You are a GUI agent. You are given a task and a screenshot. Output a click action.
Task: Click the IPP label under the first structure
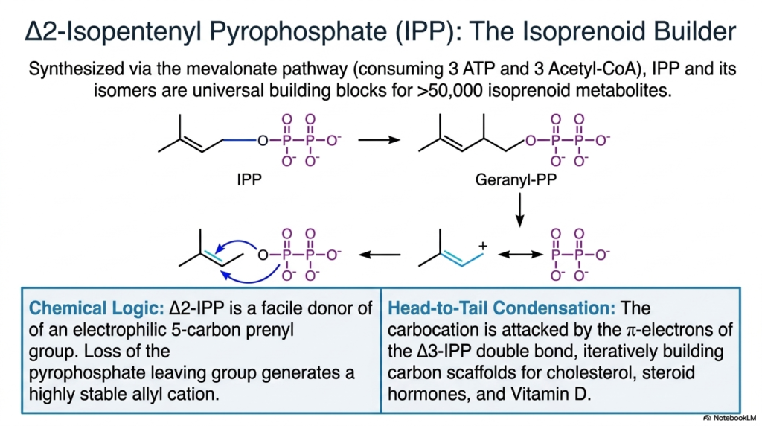click(x=249, y=180)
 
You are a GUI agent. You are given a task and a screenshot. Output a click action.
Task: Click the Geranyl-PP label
click(x=516, y=180)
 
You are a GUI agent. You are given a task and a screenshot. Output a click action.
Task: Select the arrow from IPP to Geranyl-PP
click(x=379, y=140)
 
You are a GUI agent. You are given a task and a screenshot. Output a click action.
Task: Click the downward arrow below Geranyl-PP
click(x=519, y=209)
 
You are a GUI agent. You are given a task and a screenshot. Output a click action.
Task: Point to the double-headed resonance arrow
click(x=520, y=255)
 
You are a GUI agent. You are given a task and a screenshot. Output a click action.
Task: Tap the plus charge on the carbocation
click(x=482, y=246)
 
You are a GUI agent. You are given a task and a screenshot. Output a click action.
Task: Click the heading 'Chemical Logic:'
click(x=96, y=308)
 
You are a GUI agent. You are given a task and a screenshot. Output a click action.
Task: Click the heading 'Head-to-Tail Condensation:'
click(x=502, y=308)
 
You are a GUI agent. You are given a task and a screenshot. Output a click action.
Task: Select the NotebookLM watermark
click(x=730, y=418)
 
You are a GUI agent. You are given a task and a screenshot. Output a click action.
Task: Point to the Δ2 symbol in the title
click(x=36, y=31)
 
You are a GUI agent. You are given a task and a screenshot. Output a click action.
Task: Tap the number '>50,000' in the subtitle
click(x=449, y=90)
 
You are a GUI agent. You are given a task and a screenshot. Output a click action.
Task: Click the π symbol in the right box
click(x=631, y=331)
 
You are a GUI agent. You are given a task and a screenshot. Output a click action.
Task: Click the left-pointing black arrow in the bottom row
click(x=380, y=255)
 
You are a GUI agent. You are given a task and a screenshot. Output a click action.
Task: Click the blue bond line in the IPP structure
click(x=240, y=141)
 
